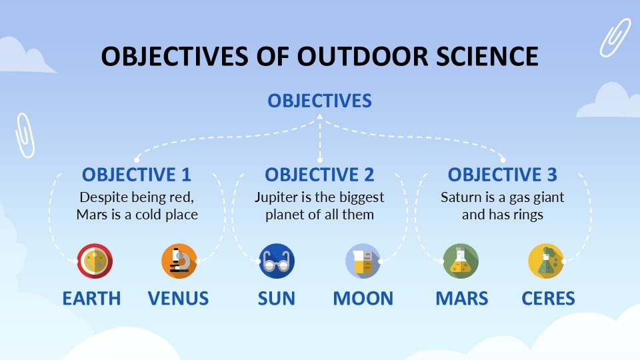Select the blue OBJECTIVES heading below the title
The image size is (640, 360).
pyautogui.click(x=319, y=101)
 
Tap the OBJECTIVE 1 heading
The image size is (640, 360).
pyautogui.click(x=137, y=175)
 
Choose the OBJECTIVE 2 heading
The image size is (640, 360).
pyautogui.click(x=319, y=175)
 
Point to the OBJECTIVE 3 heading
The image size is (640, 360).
pyautogui.click(x=502, y=175)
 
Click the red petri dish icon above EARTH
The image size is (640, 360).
pyautogui.click(x=95, y=261)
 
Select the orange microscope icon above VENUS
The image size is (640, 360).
pyautogui.click(x=179, y=261)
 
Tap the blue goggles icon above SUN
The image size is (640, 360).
pyautogui.click(x=277, y=261)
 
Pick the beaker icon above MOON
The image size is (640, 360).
pyautogui.click(x=362, y=261)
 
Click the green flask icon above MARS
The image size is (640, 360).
pyautogui.click(x=461, y=261)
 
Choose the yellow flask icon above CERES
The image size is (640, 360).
pyautogui.click(x=545, y=261)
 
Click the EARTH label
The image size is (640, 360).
pyautogui.click(x=92, y=298)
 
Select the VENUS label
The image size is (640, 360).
pyautogui.click(x=178, y=298)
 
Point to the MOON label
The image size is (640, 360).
pyautogui.click(x=363, y=298)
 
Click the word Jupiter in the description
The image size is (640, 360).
pyautogui.click(x=275, y=198)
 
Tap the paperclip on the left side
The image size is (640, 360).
pyautogui.click(x=25, y=135)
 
